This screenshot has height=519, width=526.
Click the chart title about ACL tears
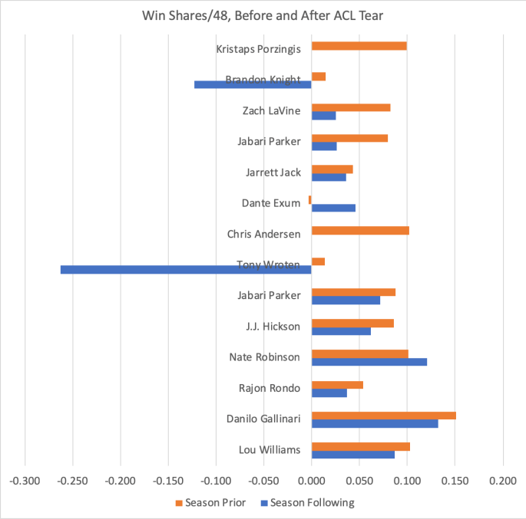263,16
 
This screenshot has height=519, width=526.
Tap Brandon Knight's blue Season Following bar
253,84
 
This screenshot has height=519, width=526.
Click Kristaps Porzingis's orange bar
359,46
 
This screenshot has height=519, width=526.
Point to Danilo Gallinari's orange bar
383,416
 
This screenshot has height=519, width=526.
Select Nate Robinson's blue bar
369,362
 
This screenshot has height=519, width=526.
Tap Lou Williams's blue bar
352,455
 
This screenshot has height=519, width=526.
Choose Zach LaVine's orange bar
351,107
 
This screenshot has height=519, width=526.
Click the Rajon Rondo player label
270,388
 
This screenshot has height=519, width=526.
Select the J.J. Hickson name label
273,327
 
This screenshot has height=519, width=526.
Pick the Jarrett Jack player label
273,172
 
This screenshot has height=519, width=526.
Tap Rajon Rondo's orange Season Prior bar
337,384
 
